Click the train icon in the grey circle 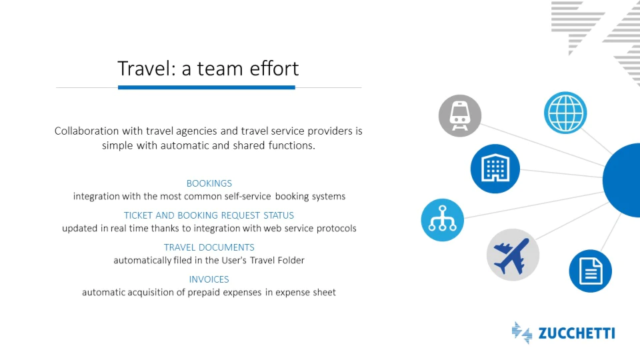point(459,116)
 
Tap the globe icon point(565,113)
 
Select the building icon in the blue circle point(495,168)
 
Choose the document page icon point(591,271)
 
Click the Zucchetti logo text point(576,333)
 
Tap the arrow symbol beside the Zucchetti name point(521,333)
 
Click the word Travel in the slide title point(147,68)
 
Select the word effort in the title point(274,68)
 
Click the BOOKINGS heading point(209,183)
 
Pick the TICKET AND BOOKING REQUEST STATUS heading point(209,215)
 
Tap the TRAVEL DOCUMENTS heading point(209,247)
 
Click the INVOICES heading point(209,279)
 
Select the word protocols point(337,229)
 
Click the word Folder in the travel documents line point(291,260)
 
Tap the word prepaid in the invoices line point(205,293)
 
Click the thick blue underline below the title point(207,87)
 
